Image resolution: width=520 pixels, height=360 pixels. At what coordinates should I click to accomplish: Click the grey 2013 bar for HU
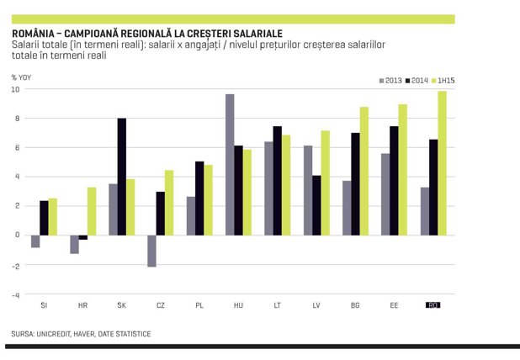pyautogui.click(x=230, y=165)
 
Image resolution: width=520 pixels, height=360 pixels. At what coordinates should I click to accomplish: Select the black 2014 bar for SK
pyautogui.click(x=122, y=177)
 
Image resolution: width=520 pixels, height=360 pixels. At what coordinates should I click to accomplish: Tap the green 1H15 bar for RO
pyautogui.click(x=442, y=163)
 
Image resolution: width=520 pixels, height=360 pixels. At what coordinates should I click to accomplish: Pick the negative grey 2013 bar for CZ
pyautogui.click(x=152, y=251)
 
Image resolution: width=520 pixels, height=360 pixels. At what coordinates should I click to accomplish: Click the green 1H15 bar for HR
pyautogui.click(x=92, y=211)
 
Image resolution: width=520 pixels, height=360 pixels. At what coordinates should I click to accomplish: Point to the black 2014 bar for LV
pyautogui.click(x=316, y=205)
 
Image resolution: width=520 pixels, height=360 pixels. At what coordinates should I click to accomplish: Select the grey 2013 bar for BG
pyautogui.click(x=347, y=208)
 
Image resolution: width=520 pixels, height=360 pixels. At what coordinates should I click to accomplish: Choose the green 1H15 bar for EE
pyautogui.click(x=403, y=170)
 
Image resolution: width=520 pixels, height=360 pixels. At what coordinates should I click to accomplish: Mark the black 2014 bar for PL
pyautogui.click(x=199, y=199)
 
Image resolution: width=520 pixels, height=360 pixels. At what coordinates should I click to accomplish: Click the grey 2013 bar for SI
pyautogui.click(x=35, y=241)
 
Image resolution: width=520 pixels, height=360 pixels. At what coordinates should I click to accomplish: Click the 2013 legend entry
pyautogui.click(x=390, y=81)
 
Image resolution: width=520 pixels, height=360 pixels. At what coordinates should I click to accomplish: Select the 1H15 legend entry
pyautogui.click(x=443, y=81)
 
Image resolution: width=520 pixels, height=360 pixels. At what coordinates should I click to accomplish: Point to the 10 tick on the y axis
pyautogui.click(x=16, y=89)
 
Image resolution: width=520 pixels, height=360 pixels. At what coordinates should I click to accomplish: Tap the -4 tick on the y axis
pyautogui.click(x=15, y=295)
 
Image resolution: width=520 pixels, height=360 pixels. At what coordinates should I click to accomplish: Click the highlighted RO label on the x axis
pyautogui.click(x=432, y=305)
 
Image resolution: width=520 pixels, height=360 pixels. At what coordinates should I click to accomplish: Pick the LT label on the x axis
pyautogui.click(x=277, y=305)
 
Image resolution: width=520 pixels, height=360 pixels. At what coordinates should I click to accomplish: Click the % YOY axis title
pyautogui.click(x=21, y=77)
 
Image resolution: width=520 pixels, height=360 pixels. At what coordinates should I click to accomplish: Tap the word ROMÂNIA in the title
pyautogui.click(x=33, y=34)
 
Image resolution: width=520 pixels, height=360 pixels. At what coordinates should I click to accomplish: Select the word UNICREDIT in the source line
pyautogui.click(x=53, y=334)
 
